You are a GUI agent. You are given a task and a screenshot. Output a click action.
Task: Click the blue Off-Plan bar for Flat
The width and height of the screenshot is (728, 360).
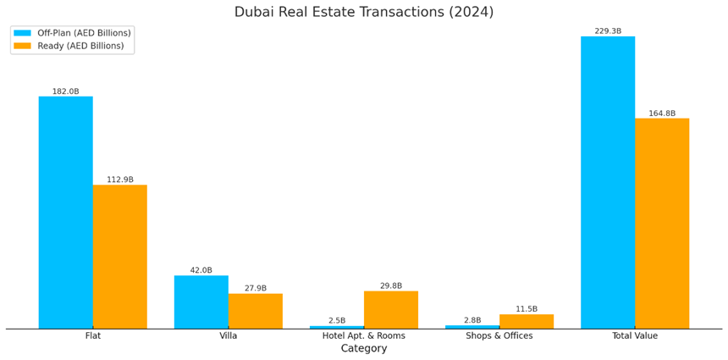click(65, 212)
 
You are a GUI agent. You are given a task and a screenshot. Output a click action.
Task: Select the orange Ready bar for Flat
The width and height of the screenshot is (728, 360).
click(119, 257)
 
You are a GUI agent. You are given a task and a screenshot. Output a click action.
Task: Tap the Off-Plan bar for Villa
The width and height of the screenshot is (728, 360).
click(201, 302)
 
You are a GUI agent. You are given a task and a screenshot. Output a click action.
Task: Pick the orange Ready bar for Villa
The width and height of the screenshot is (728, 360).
click(255, 311)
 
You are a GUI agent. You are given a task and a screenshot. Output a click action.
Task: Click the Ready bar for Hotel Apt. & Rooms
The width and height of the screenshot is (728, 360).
click(390, 310)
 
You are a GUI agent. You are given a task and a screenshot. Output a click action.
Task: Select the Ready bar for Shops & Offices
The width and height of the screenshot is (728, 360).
click(526, 321)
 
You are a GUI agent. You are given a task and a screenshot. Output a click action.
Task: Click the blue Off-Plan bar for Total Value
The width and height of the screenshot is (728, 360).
click(607, 182)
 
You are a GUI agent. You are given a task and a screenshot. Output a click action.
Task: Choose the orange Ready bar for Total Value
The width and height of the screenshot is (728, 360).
click(661, 223)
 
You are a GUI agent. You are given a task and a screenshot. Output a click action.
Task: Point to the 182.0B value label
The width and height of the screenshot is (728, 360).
click(65, 91)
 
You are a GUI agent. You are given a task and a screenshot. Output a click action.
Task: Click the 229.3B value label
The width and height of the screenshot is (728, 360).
click(607, 31)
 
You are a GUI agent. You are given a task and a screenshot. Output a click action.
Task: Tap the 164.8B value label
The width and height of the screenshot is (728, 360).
click(661, 114)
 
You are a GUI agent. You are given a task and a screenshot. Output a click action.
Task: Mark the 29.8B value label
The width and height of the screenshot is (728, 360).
click(390, 286)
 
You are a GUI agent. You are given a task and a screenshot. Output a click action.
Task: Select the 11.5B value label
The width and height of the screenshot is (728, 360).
click(526, 309)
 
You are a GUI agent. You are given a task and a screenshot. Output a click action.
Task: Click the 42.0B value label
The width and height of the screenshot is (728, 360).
click(201, 270)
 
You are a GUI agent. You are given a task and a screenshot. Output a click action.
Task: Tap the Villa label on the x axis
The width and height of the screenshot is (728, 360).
click(228, 335)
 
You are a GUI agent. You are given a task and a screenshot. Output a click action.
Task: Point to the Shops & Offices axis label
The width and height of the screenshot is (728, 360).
click(499, 335)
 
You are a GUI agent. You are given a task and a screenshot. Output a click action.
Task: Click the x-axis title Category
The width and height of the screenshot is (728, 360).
click(364, 348)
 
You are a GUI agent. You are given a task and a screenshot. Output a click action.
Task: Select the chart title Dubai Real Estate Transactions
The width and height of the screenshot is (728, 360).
click(364, 12)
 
